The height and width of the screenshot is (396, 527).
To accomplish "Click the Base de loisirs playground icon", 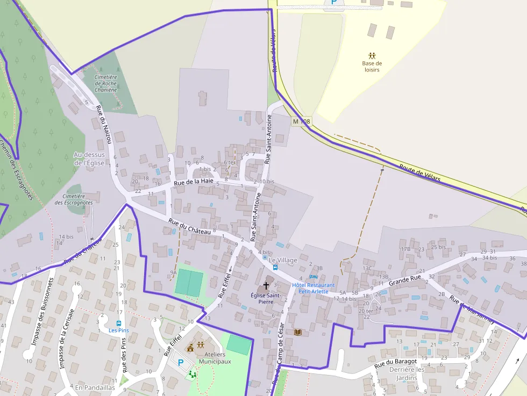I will (372, 55).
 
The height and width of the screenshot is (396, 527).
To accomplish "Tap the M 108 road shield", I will (301, 122).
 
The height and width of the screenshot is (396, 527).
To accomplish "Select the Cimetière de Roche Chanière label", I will (105, 83).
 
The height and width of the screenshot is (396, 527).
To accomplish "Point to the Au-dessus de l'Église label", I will (89, 159).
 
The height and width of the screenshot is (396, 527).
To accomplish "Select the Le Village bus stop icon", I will (275, 267).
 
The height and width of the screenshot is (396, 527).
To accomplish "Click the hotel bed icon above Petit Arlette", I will (313, 277).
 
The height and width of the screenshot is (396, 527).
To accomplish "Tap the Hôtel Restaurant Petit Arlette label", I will (313, 288).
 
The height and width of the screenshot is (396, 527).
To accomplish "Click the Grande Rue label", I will (405, 281).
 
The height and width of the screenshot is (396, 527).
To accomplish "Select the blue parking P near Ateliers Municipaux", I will (181, 363).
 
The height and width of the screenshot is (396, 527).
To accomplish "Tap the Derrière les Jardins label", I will (407, 373).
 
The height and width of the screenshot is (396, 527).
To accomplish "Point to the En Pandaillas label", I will (95, 387).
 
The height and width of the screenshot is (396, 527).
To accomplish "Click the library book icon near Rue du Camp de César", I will (298, 333).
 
